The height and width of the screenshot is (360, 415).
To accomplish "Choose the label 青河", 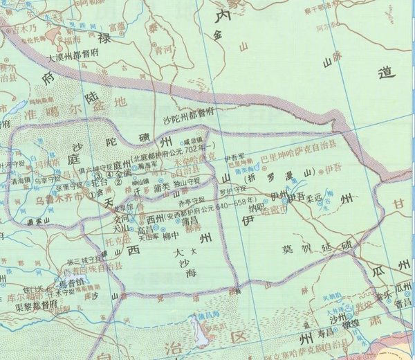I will click(163, 50).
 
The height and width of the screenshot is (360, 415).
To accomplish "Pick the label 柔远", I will click(315, 196).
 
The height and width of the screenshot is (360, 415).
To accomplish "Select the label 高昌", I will click(145, 228).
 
